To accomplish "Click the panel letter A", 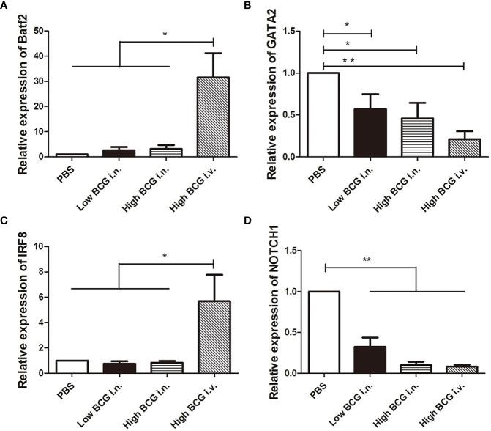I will (6, 6).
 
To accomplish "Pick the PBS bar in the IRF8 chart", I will (72, 366).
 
